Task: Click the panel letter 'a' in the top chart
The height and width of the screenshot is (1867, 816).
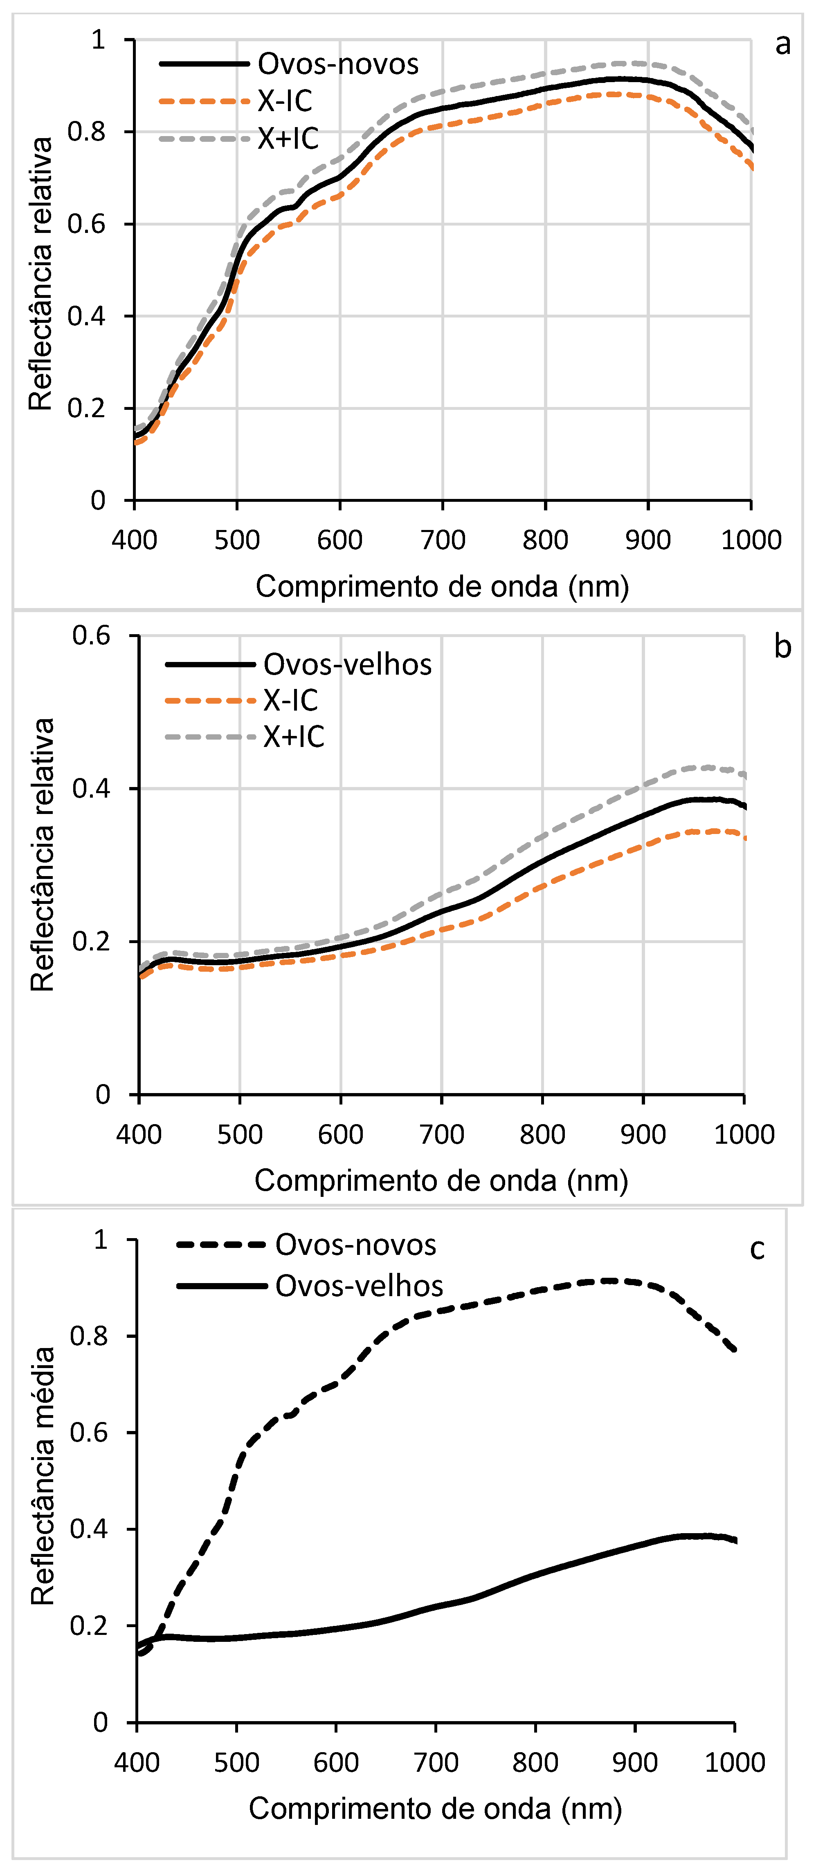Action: (x=782, y=45)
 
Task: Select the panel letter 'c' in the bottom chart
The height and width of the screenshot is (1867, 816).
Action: (x=757, y=1248)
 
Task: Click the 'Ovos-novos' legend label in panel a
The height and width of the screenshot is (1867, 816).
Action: (x=338, y=65)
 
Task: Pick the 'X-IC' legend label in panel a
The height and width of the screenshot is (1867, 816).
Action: (x=284, y=101)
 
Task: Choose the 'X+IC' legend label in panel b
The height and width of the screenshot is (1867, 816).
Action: (x=293, y=737)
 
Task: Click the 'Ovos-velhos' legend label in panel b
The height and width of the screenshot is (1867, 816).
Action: (x=347, y=664)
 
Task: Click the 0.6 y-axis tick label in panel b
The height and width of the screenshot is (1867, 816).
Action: (x=91, y=636)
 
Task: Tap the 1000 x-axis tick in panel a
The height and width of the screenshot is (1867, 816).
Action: (x=751, y=540)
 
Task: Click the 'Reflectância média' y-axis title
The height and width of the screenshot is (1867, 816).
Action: (x=43, y=1476)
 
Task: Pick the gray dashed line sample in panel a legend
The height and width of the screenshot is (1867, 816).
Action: (x=204, y=139)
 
